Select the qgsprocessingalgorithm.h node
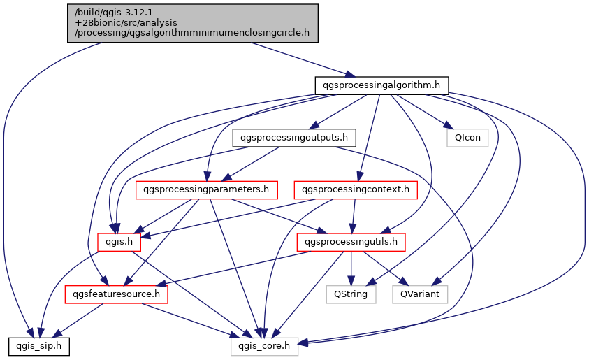click(x=381, y=85)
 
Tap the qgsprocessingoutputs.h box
click(x=294, y=138)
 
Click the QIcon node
click(x=467, y=138)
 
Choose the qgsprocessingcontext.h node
click(x=356, y=189)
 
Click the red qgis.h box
click(x=119, y=242)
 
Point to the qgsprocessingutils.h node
click(x=351, y=242)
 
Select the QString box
click(x=351, y=294)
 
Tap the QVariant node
click(x=420, y=294)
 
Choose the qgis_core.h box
click(x=264, y=345)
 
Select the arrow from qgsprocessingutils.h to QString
click(x=351, y=268)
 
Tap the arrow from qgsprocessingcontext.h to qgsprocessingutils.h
click(x=354, y=216)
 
